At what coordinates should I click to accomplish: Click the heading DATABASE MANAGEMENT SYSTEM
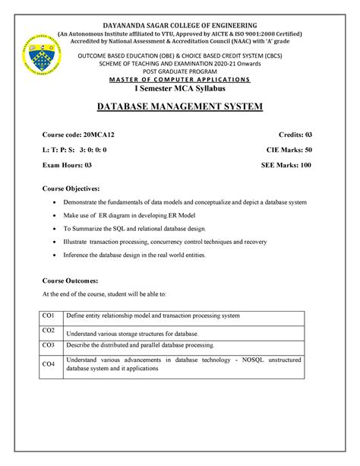tap(180, 106)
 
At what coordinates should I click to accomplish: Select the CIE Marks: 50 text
tap(286, 150)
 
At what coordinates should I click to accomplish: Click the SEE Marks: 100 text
tap(286, 165)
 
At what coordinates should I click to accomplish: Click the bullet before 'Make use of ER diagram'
tap(53, 216)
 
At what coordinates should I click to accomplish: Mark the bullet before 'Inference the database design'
tap(53, 255)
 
